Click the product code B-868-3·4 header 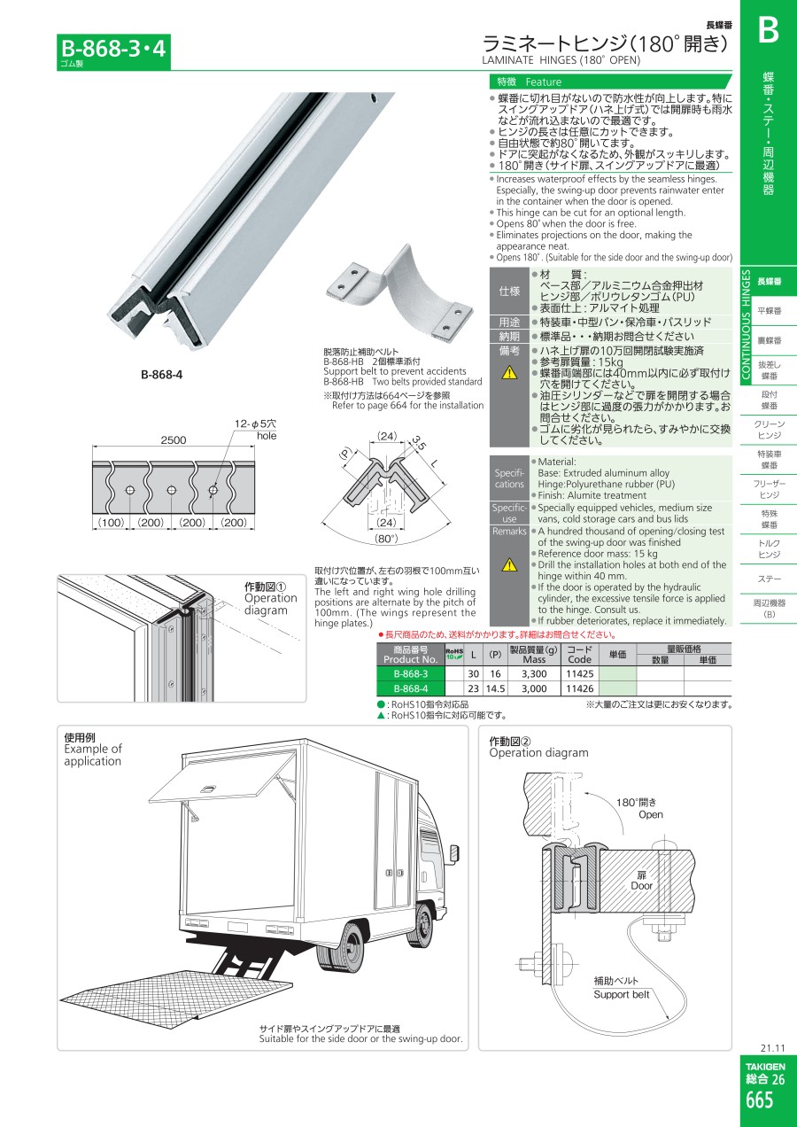[x=113, y=49]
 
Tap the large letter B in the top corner [x=769, y=31]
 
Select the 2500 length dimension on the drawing [x=173, y=439]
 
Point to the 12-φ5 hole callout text [x=255, y=430]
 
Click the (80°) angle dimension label [x=386, y=539]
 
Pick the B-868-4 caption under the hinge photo [x=161, y=374]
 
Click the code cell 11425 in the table [x=580, y=673]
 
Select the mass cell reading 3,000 [x=534, y=688]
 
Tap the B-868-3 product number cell [x=411, y=673]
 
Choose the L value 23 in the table [x=473, y=688]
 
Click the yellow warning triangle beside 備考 [x=509, y=372]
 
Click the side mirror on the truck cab [x=454, y=853]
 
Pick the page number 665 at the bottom [x=759, y=1100]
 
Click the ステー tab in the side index [x=769, y=579]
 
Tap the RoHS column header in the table [x=454, y=654]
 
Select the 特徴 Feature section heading [x=529, y=82]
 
